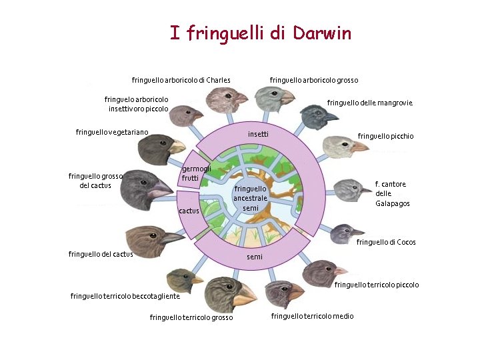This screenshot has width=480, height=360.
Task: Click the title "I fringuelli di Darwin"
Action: pyautogui.click(x=260, y=33)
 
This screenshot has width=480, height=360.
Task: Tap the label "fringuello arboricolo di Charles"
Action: pyautogui.click(x=181, y=81)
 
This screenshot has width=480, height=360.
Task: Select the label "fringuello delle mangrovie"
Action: pyautogui.click(x=369, y=103)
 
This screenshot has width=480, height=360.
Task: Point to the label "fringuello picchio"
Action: pyautogui.click(x=385, y=137)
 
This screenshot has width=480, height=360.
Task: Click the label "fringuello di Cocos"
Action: pyautogui.click(x=386, y=242)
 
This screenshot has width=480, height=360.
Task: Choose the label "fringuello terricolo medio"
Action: pyautogui.click(x=312, y=316)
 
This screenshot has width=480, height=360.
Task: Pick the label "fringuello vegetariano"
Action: pyautogui.click(x=112, y=132)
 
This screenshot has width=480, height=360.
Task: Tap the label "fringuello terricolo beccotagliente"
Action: pyautogui.click(x=125, y=296)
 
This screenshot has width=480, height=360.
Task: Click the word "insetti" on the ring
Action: pyautogui.click(x=258, y=135)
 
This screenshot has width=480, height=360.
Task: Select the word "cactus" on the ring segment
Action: pyautogui.click(x=189, y=211)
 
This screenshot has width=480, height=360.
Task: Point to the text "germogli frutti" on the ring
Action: pyautogui.click(x=196, y=173)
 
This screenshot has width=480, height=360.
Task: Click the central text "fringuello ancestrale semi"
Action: pyautogui.click(x=250, y=198)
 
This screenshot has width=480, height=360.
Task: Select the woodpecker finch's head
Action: pyautogui.click(x=340, y=146)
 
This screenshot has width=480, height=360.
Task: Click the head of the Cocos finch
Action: pyautogui.click(x=344, y=233)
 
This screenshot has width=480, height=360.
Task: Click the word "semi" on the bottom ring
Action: pyautogui.click(x=254, y=257)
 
